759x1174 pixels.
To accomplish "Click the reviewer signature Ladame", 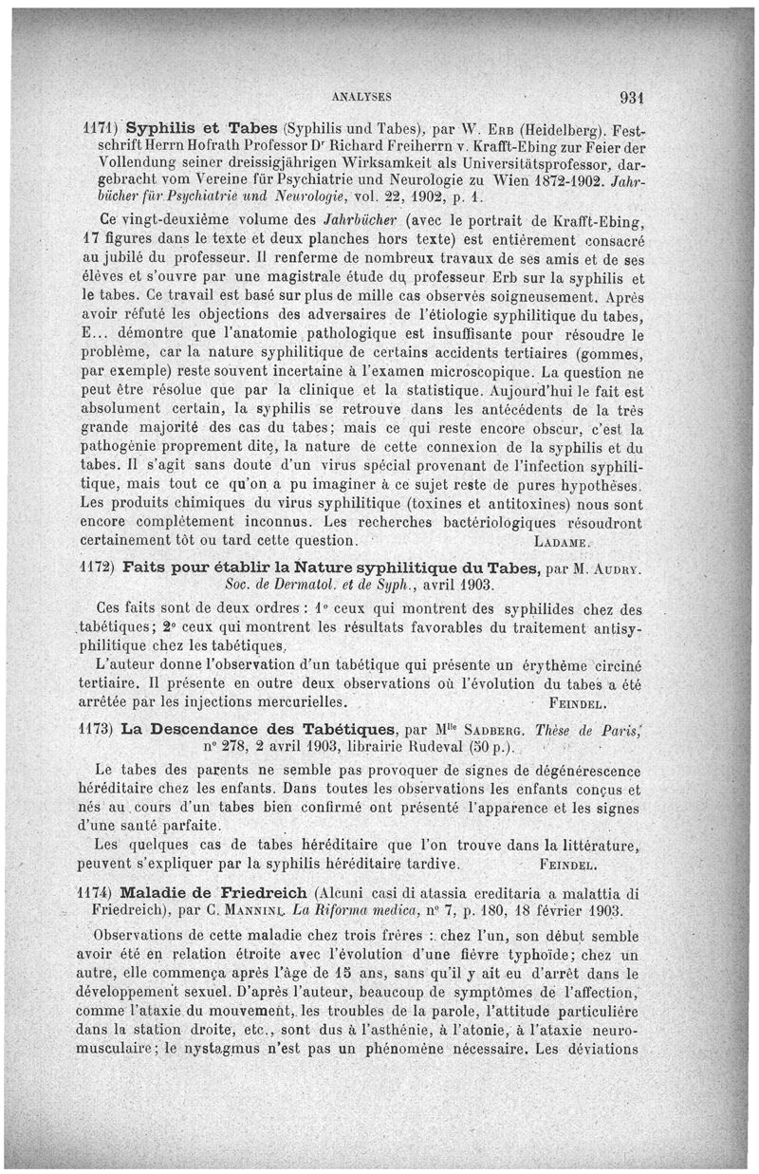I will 564,543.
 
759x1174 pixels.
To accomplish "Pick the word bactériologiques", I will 494,524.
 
